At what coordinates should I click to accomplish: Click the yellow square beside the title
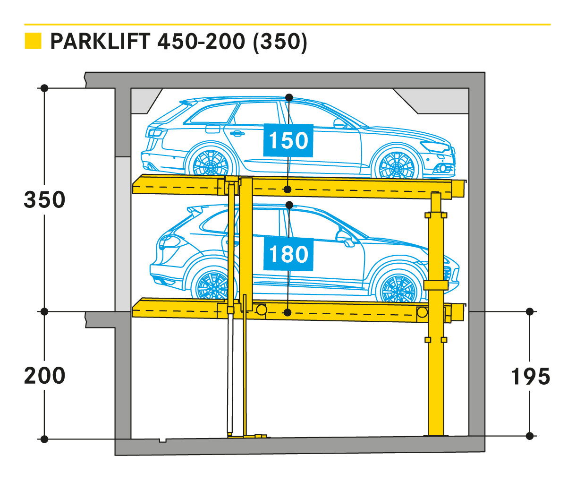(x=33, y=41)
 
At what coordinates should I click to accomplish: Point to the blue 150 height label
(x=288, y=140)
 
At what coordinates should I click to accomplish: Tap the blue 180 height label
(x=288, y=254)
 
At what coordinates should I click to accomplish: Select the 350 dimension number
(x=45, y=200)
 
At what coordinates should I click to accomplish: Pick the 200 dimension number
(x=45, y=376)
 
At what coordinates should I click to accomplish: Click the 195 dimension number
(x=531, y=377)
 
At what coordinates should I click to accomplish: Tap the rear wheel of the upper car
(x=211, y=163)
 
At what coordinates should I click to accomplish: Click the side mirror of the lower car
(x=347, y=239)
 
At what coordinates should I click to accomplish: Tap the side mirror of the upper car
(x=339, y=124)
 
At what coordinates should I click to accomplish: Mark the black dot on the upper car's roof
(x=289, y=97)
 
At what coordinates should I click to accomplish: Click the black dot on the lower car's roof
(x=289, y=205)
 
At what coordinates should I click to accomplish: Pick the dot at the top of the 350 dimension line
(x=44, y=88)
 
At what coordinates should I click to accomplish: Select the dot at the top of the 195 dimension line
(x=530, y=311)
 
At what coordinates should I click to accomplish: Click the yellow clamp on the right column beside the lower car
(x=435, y=285)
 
